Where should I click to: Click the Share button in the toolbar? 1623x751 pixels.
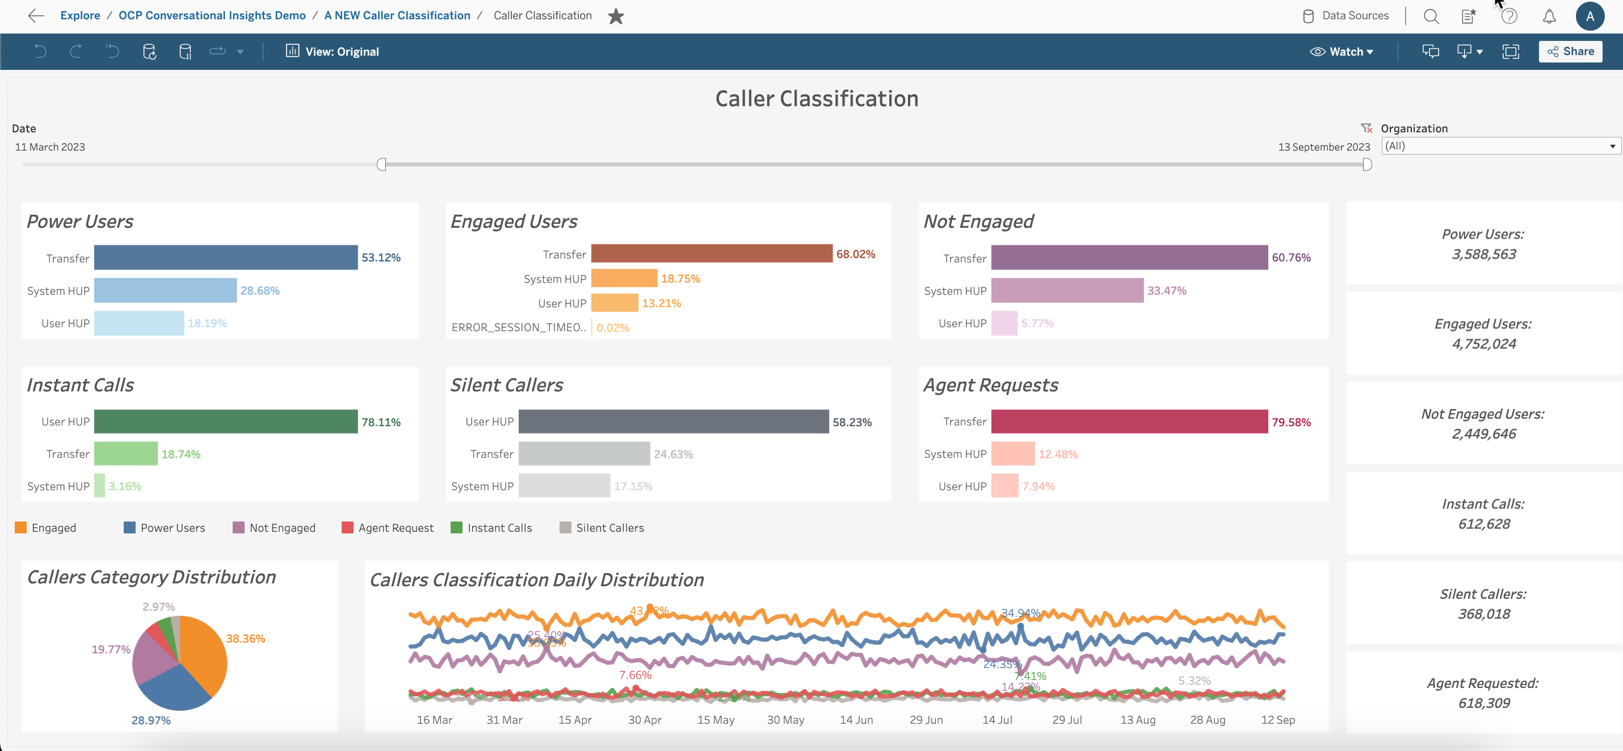pyautogui.click(x=1570, y=52)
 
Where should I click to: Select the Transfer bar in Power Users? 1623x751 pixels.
pyautogui.click(x=225, y=258)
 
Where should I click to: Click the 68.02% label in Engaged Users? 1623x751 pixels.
pyautogui.click(x=855, y=254)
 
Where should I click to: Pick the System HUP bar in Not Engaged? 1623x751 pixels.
pyautogui.click(x=1067, y=291)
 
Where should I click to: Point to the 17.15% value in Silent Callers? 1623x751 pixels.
pyautogui.click(x=633, y=486)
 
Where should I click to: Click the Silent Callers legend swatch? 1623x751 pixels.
pyautogui.click(x=565, y=528)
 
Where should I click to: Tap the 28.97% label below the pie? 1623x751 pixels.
pyautogui.click(x=150, y=720)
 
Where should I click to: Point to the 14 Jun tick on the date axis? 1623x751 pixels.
pyautogui.click(x=856, y=720)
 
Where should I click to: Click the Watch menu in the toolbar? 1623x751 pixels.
pyautogui.click(x=1342, y=52)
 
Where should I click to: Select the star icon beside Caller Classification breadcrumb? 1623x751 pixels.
pyautogui.click(x=616, y=16)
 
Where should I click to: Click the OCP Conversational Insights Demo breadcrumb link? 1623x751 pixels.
pyautogui.click(x=212, y=15)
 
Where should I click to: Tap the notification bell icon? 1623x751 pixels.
pyautogui.click(x=1549, y=16)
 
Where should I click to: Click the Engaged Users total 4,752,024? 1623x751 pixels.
pyautogui.click(x=1483, y=344)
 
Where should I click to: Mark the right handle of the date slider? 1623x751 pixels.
pyautogui.click(x=1366, y=165)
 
